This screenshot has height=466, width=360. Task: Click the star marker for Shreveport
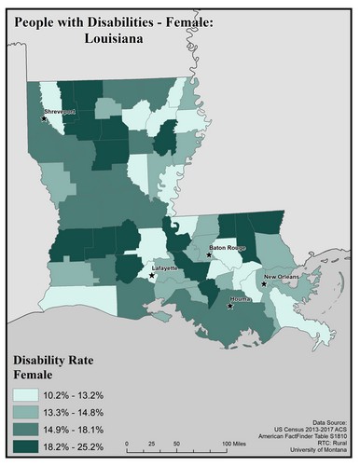click(x=44, y=118)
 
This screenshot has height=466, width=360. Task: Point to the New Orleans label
click(x=283, y=277)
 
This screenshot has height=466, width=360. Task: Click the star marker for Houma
click(x=230, y=306)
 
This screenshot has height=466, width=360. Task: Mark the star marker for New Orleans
click(x=265, y=285)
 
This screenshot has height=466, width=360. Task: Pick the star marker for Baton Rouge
click(x=211, y=254)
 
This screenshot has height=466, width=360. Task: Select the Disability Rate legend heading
click(x=57, y=360)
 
